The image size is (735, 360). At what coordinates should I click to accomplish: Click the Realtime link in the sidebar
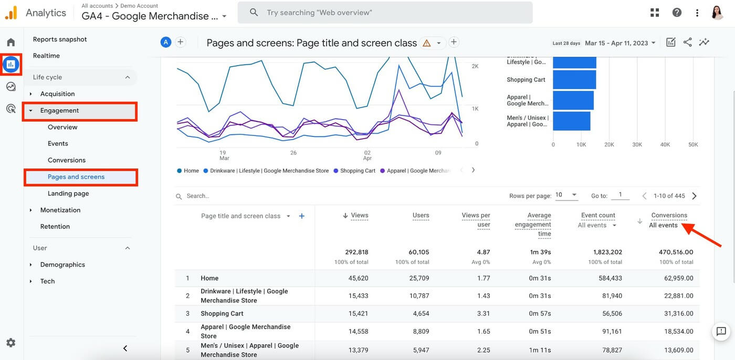(x=46, y=56)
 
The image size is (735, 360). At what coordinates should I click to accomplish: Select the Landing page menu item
(x=68, y=193)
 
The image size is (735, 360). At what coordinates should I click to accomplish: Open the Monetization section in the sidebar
(x=60, y=210)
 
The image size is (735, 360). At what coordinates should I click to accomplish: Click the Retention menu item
(x=55, y=227)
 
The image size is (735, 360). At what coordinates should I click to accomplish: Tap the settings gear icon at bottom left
(x=11, y=343)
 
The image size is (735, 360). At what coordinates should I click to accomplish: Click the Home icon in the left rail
(x=11, y=42)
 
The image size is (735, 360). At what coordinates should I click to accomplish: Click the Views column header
(x=359, y=215)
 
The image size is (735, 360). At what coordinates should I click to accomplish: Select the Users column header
(x=421, y=215)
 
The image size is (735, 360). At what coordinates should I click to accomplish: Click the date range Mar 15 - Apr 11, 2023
(x=620, y=43)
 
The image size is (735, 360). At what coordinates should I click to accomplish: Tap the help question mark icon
(x=677, y=13)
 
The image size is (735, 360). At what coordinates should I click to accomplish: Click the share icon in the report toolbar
(x=687, y=43)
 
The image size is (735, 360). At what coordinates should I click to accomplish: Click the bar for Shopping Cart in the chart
(x=574, y=80)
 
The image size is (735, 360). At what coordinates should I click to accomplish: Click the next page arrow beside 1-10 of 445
(x=695, y=196)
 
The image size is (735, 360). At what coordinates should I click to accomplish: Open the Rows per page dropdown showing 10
(x=566, y=195)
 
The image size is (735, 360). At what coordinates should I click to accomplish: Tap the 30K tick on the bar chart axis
(x=637, y=144)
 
